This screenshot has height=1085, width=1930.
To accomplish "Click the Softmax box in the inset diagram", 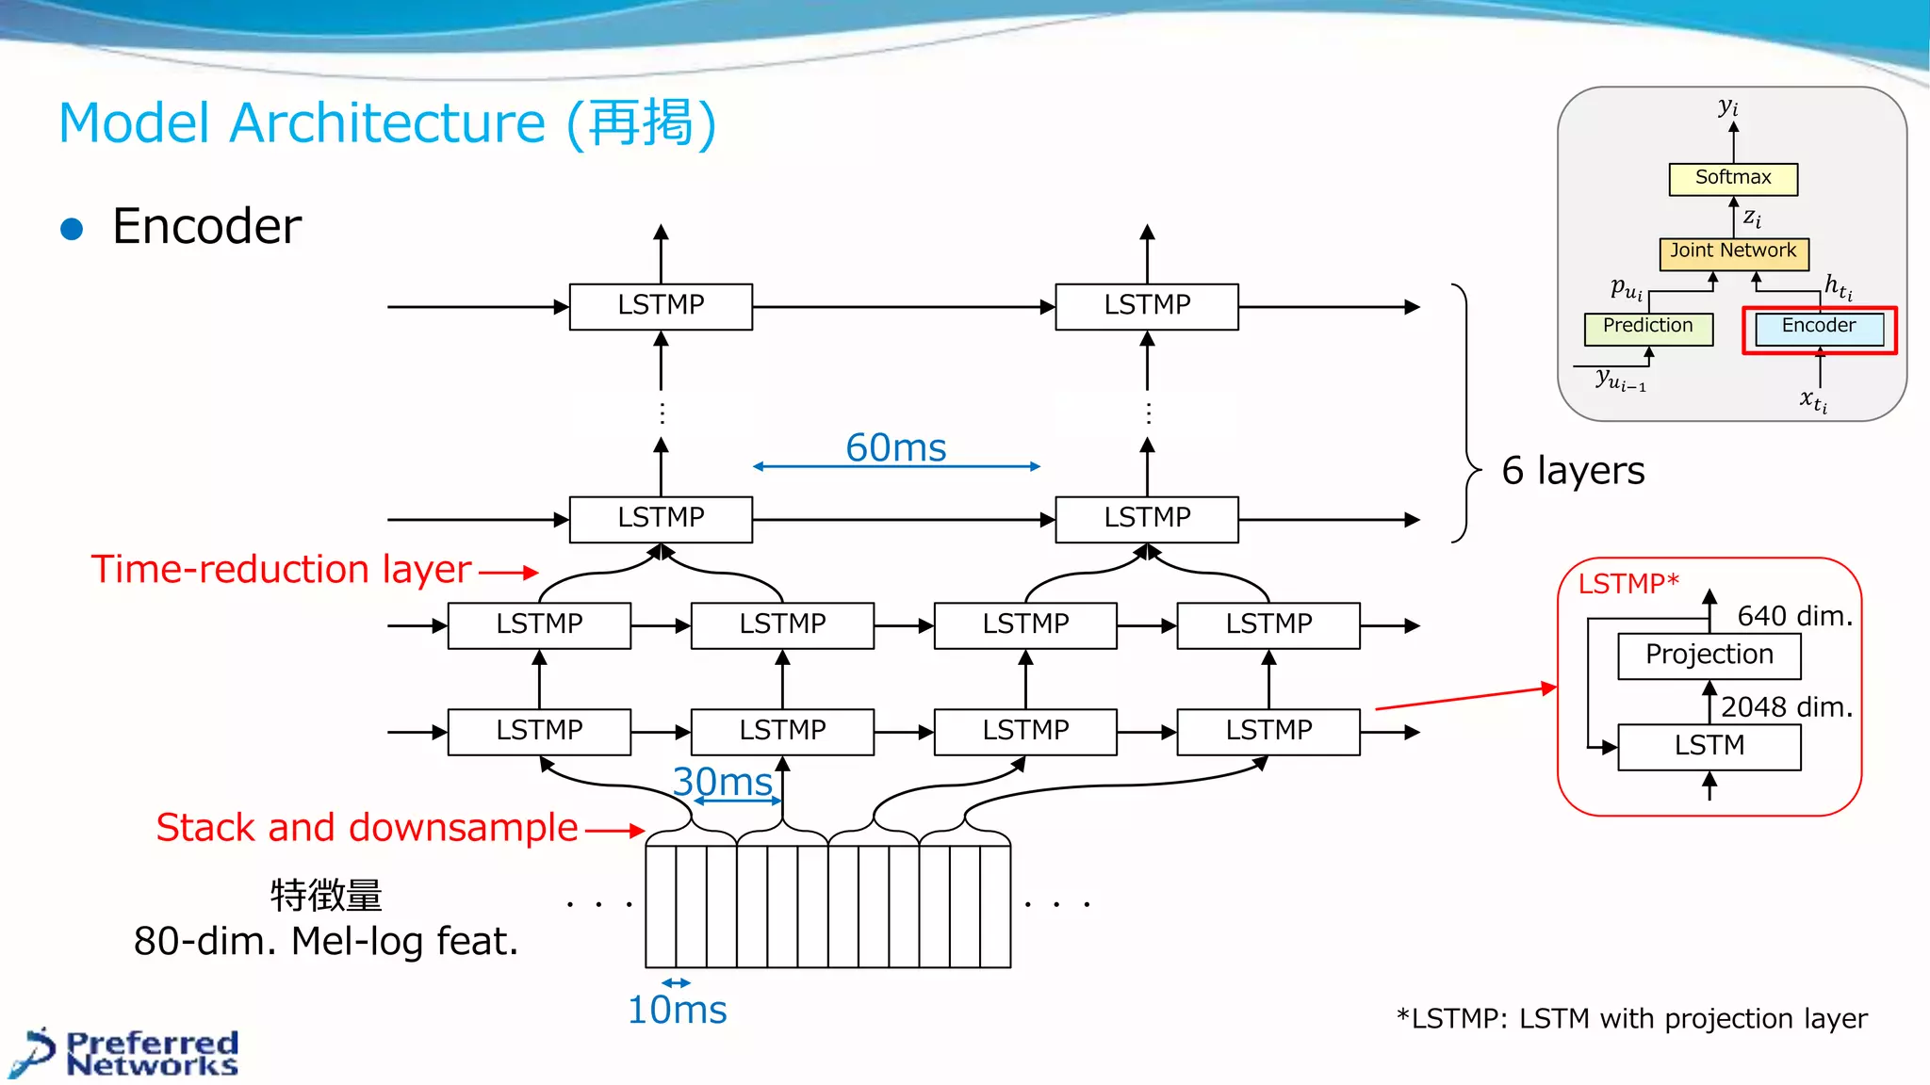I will tap(1732, 178).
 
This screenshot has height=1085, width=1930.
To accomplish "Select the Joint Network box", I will tap(1733, 251).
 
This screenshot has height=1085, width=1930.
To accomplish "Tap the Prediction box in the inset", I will tap(1647, 327).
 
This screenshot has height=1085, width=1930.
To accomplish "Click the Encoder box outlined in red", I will tap(1818, 327).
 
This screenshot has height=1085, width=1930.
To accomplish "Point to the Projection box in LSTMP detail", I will tap(1709, 655).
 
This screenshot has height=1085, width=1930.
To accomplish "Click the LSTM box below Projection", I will tap(1709, 746).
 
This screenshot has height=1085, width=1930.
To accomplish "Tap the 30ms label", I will tap(723, 782).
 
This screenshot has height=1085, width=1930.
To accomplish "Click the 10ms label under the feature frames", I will tap(677, 1010).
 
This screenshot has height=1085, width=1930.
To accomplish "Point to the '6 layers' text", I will tap(1572, 470).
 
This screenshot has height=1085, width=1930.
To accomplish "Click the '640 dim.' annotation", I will tap(1794, 616).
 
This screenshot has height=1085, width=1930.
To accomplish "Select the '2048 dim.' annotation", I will tap(1787, 706).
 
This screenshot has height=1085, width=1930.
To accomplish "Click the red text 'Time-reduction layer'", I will tap(281, 569).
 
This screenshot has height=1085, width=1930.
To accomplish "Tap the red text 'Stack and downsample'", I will tap(367, 827).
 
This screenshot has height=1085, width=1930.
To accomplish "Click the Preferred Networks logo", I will tap(132, 1053).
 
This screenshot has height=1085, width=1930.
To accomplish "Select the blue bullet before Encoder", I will tap(72, 229).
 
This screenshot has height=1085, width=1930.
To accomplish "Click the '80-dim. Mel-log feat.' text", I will tap(326, 940).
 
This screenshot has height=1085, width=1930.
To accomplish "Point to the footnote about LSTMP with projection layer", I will tap(1631, 1018).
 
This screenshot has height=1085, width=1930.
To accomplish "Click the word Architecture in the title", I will tap(387, 123).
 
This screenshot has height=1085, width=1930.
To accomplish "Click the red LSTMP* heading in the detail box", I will tap(1627, 584).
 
